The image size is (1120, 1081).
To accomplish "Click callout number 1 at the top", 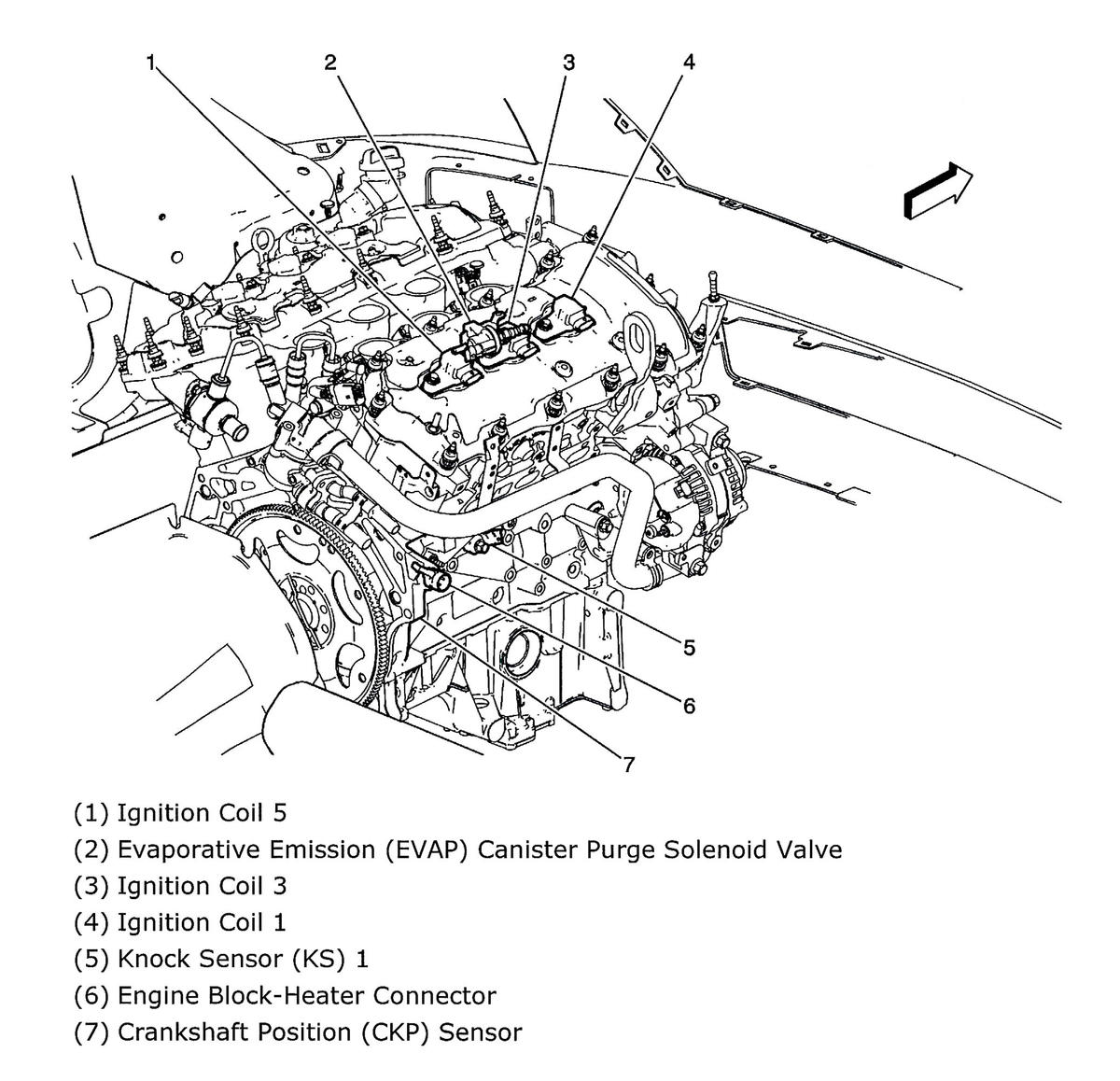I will (x=149, y=63).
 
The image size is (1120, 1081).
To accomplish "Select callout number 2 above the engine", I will (x=330, y=63).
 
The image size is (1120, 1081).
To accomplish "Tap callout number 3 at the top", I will (x=567, y=63).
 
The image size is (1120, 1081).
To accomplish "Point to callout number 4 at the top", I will (x=688, y=63).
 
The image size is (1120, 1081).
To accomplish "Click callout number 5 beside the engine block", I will (x=689, y=647).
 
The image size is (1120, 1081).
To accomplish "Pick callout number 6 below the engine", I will (x=689, y=706).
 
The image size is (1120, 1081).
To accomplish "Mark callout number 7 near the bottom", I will (x=629, y=765).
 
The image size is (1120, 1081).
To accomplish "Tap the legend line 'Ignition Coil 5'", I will (x=180, y=813).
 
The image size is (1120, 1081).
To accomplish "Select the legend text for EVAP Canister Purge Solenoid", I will (x=457, y=850).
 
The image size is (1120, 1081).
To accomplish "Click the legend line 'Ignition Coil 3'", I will (x=180, y=886).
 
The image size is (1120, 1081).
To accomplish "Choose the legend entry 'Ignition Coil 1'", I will (x=180, y=922).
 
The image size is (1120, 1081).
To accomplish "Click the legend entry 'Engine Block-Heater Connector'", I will (x=285, y=996).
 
